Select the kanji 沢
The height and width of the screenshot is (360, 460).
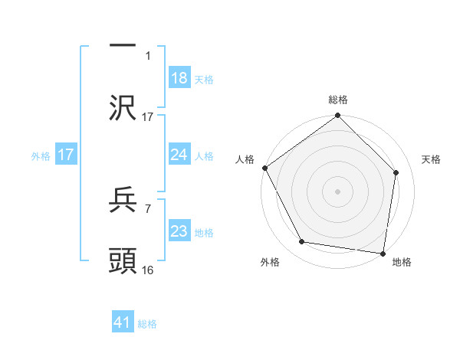click(123, 108)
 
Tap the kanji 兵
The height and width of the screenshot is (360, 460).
click(123, 201)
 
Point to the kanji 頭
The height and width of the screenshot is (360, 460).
click(123, 261)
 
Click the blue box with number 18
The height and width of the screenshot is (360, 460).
click(179, 78)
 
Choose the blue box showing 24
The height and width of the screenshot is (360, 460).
click(179, 155)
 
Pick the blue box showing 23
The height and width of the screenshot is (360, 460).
click(179, 231)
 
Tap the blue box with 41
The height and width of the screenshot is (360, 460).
click(123, 323)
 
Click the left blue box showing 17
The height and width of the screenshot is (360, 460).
click(66, 155)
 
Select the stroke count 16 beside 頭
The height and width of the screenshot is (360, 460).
click(148, 270)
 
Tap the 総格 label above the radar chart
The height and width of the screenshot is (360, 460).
click(338, 100)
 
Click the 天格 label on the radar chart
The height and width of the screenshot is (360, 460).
click(432, 159)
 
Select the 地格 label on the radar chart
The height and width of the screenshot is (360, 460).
click(402, 263)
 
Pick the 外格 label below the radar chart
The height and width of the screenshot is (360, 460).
click(270, 263)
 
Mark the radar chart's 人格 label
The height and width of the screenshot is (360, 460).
click(245, 159)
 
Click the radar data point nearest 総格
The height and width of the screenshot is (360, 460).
click(338, 116)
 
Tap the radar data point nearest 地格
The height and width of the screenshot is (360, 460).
click(383, 253)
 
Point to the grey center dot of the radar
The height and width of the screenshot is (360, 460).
click(338, 191)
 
